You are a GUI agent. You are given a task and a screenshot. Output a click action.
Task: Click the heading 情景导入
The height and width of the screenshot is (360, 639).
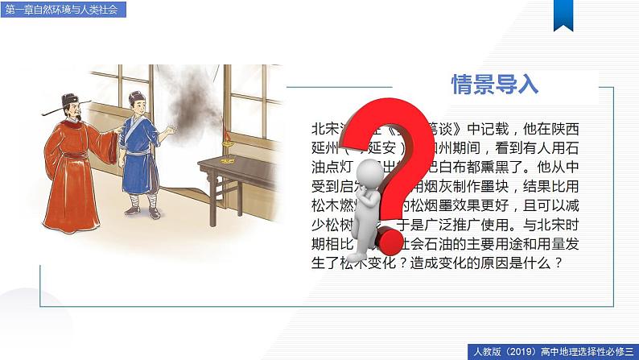click(495, 84)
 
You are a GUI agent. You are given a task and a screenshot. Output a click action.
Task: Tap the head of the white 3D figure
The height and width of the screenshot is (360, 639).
click(369, 170)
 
